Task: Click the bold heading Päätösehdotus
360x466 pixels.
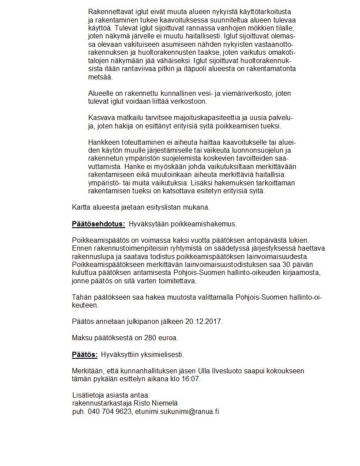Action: [98, 224]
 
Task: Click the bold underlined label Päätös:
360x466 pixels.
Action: [85, 354]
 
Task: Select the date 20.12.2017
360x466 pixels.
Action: [206, 322]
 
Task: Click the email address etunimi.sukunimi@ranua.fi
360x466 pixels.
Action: [177, 411]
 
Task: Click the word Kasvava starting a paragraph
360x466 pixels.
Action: [101, 118]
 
